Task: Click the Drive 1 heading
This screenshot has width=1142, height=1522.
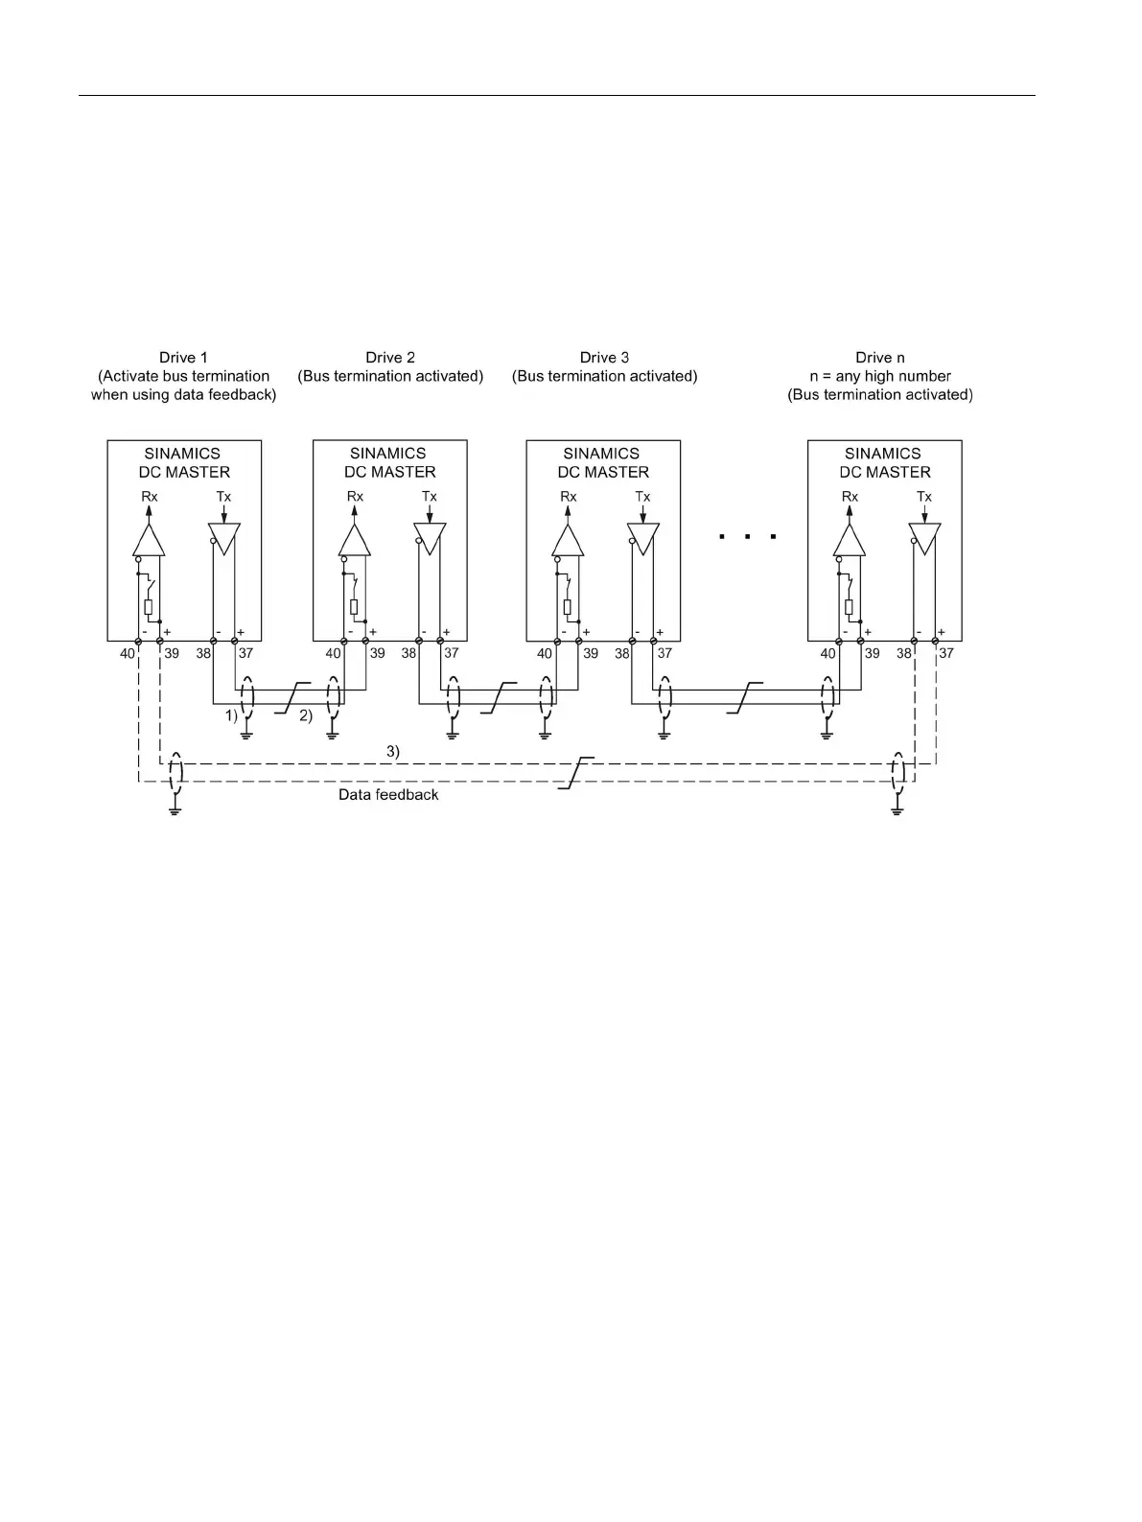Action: (x=183, y=358)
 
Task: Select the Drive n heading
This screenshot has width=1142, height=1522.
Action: (x=879, y=358)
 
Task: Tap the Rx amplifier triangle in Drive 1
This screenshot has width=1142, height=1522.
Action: (x=149, y=541)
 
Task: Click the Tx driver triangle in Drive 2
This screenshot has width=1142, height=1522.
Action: (x=430, y=538)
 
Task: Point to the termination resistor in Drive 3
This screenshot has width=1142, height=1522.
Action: (x=568, y=606)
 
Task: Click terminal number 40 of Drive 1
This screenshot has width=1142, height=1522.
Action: (x=128, y=654)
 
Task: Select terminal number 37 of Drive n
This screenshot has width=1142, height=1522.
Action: (x=946, y=653)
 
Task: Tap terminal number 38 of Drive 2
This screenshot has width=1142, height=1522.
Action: (x=409, y=653)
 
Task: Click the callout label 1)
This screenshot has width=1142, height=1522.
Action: (x=231, y=715)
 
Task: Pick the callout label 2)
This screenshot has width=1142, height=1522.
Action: (x=306, y=715)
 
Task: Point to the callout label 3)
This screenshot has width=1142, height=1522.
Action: (x=393, y=752)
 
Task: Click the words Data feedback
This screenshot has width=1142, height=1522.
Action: (x=388, y=795)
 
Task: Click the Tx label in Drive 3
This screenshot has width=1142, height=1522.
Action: (x=642, y=497)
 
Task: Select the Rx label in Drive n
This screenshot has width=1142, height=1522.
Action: (x=850, y=497)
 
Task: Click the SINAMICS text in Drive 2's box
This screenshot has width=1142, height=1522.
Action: (x=388, y=454)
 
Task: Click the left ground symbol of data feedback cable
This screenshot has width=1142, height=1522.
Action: (x=175, y=810)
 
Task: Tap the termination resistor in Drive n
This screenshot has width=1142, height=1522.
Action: (x=849, y=606)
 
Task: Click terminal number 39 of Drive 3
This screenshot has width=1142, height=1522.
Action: (x=591, y=653)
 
